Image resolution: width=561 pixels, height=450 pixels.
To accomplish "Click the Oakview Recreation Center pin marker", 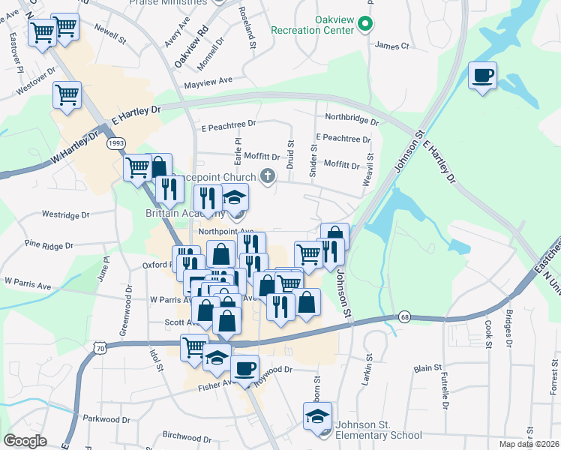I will [x=365, y=25].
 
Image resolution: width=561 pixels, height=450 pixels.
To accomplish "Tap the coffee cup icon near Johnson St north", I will [x=482, y=76].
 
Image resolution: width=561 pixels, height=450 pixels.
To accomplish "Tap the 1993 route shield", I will [x=115, y=142].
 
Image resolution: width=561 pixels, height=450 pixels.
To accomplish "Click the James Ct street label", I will [x=391, y=46].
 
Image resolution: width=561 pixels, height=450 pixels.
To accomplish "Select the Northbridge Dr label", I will [x=352, y=118].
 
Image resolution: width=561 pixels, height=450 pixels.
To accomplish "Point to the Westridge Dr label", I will [x=65, y=214].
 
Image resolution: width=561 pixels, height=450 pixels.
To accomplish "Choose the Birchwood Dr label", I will [x=187, y=436].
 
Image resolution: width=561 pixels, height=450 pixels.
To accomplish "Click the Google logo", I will [x=25, y=441].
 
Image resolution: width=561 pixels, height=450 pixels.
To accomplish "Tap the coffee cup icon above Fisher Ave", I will [x=244, y=368].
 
